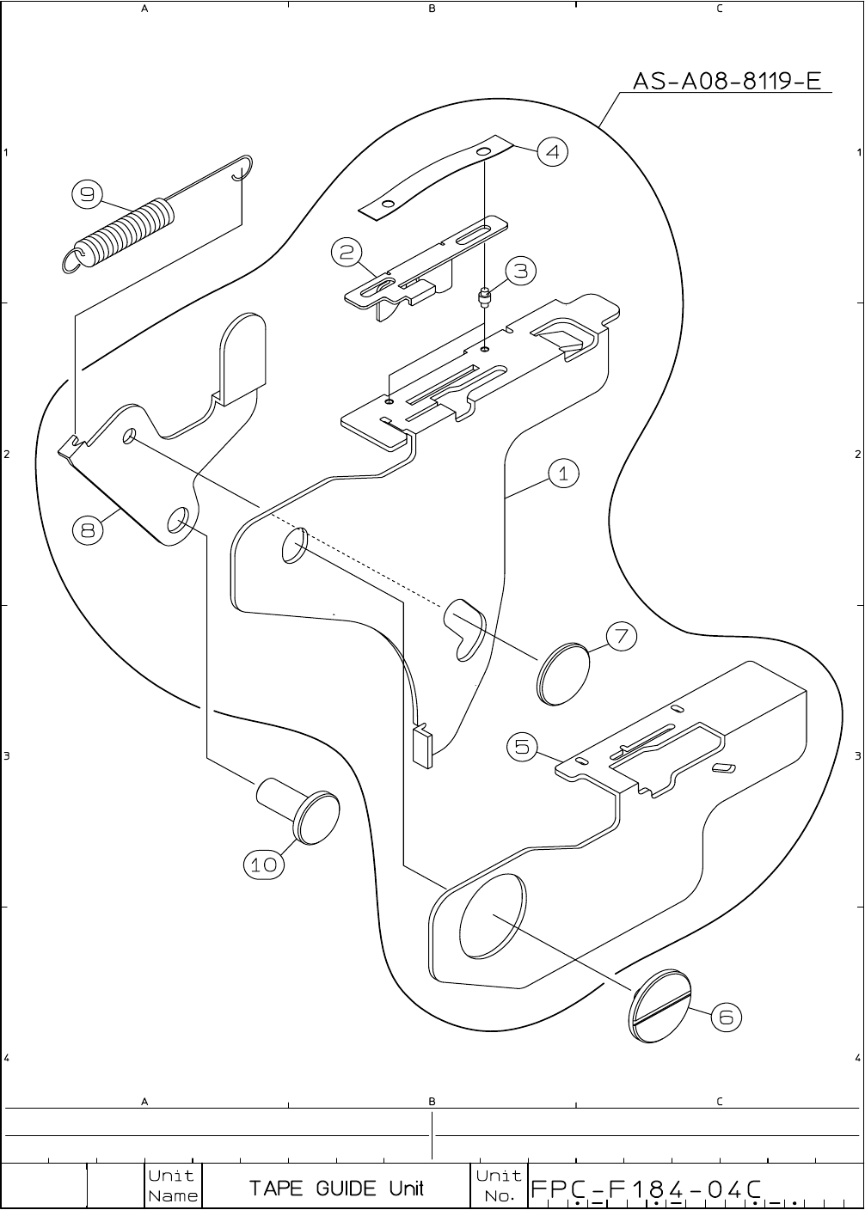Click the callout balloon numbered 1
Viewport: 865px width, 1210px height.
pos(563,474)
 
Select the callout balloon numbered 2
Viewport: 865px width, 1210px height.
pos(346,252)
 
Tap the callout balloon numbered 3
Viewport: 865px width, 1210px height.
pos(521,272)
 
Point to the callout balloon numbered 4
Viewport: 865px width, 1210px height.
pos(552,152)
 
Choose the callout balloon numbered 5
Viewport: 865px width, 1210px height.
pos(522,747)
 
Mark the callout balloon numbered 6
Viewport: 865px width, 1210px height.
pos(726,1017)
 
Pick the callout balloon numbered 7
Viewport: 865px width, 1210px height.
pos(622,637)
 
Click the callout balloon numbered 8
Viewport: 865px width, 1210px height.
pos(88,530)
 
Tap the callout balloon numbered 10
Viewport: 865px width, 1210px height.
pos(264,865)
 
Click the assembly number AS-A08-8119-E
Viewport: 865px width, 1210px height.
pos(727,82)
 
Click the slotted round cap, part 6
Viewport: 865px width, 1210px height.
pos(659,1006)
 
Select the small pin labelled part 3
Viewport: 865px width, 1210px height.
pos(485,299)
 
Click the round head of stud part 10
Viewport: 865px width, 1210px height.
pos(316,816)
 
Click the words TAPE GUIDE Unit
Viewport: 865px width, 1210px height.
pos(336,1189)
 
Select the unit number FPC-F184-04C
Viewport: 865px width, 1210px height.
pos(647,1189)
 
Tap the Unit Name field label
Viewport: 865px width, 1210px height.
pos(172,1186)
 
